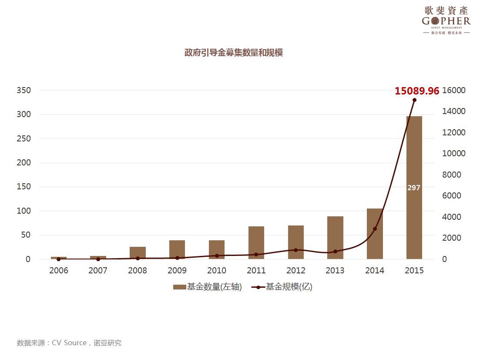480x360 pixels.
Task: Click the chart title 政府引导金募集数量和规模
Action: [234, 53]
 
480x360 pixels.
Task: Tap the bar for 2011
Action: [256, 242]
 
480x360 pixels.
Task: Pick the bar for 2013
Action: [335, 237]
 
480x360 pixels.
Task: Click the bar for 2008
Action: [138, 253]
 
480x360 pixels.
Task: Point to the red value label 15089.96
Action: [416, 91]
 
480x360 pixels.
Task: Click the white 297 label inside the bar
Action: [414, 188]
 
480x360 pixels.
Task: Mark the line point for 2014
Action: [375, 229]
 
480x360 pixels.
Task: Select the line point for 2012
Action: [295, 250]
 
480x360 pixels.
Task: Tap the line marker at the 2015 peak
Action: [414, 100]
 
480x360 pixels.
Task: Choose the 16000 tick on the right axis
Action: [453, 91]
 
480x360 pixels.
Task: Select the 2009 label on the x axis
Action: [177, 270]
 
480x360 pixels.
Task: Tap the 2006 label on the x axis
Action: [59, 270]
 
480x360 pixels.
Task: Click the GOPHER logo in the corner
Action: [446, 20]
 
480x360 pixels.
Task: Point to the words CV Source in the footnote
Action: [69, 343]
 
